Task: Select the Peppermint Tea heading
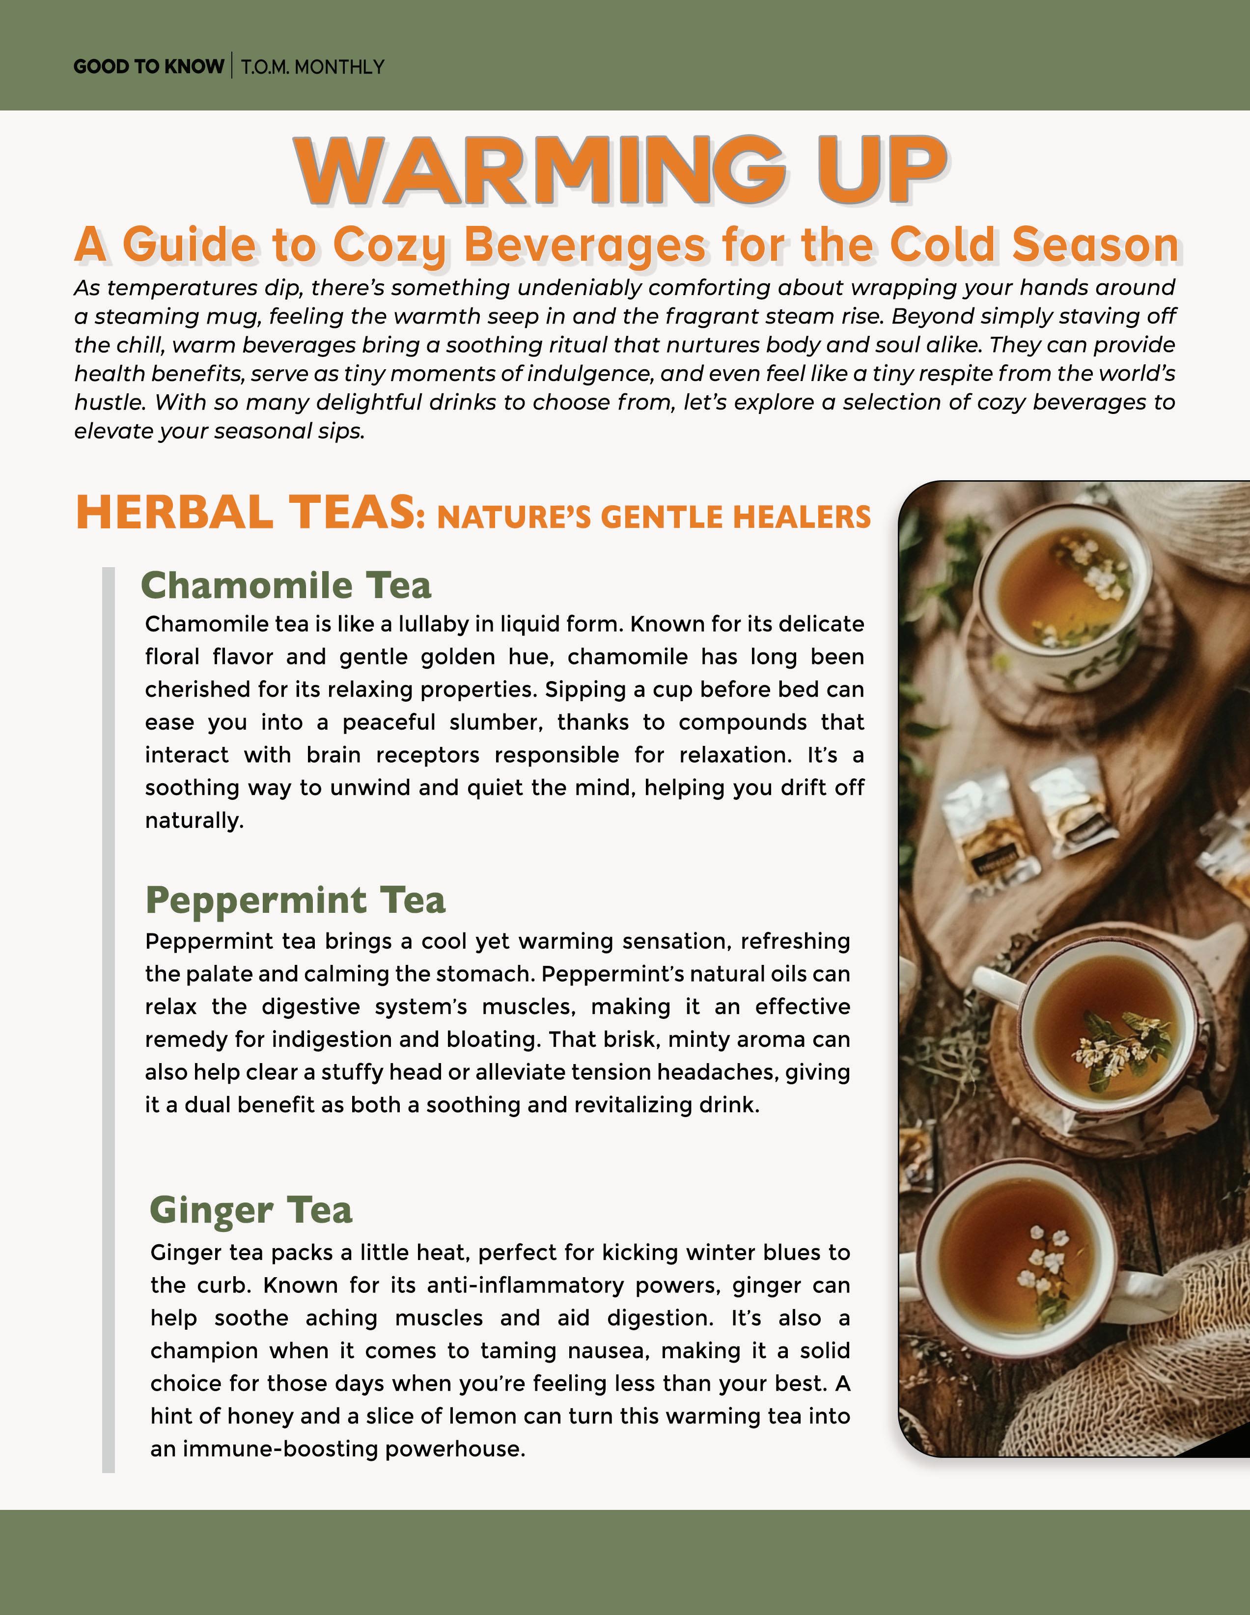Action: point(295,900)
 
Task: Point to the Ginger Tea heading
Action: point(251,1210)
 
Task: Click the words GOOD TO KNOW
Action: point(148,67)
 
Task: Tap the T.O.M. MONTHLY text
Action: point(312,67)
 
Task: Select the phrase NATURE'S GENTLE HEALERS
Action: point(654,517)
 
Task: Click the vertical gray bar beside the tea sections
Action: point(109,1020)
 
